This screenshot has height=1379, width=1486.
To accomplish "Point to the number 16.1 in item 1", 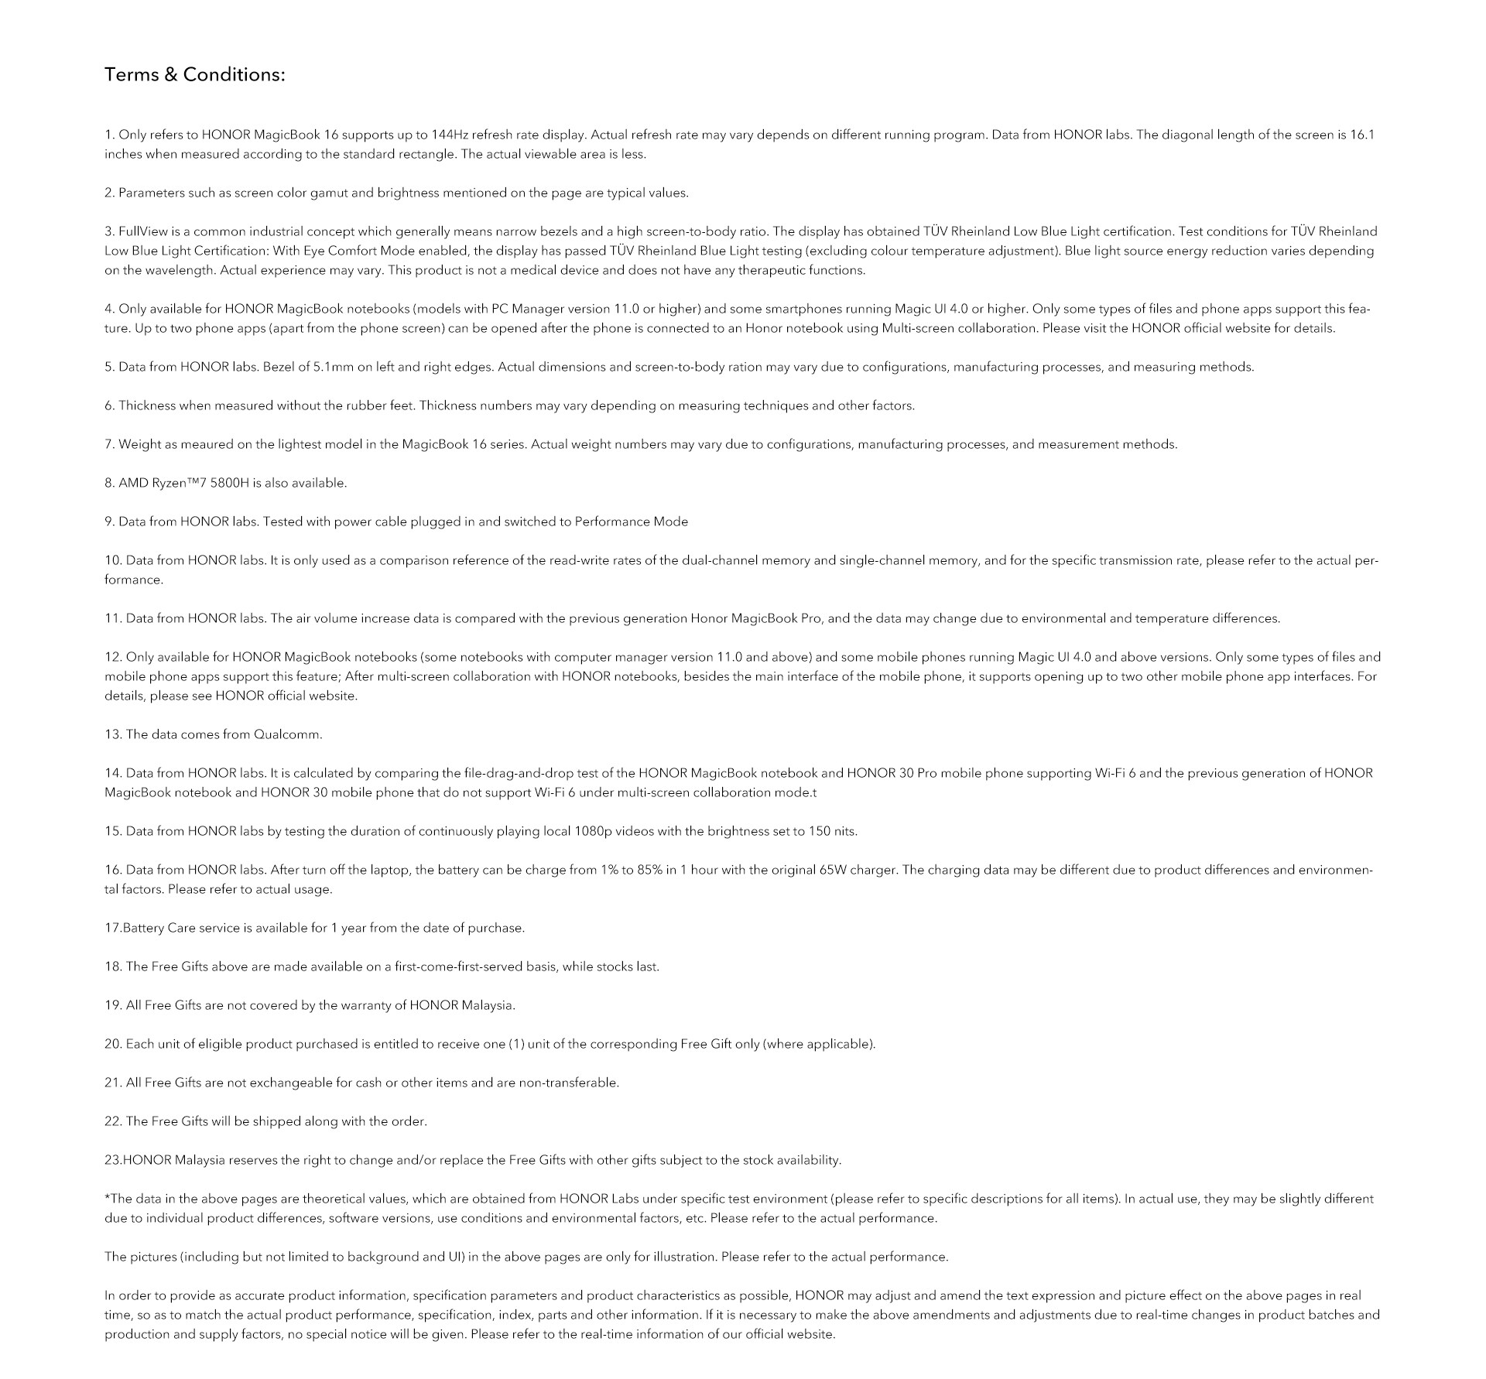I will pos(1362,135).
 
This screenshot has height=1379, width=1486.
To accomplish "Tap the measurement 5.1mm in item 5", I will pos(333,367).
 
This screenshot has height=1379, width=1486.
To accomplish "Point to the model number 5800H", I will pos(230,483).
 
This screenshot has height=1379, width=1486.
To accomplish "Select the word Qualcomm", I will pos(287,734).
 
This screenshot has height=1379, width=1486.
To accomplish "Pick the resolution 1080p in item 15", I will pos(593,831).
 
